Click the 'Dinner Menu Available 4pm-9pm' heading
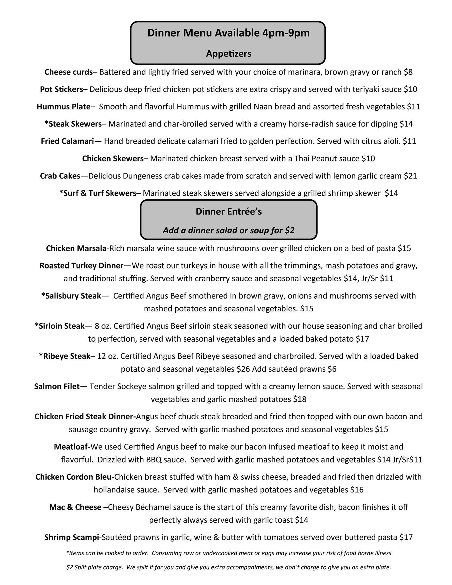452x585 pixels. point(228,33)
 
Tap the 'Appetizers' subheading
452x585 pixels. point(229,54)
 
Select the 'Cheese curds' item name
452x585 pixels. point(69,72)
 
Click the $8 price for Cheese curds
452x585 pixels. point(408,72)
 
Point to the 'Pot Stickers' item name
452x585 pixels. point(61,89)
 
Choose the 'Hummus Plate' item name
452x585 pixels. point(63,107)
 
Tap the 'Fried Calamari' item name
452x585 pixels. point(67,141)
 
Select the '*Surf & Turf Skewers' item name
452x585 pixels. point(98,193)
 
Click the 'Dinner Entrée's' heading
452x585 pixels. point(229,212)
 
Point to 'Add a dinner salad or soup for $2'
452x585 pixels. point(229,230)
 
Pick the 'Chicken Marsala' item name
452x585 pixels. point(76,249)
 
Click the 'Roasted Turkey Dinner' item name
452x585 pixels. point(81,266)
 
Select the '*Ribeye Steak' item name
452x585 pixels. point(65,356)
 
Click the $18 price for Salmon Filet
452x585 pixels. point(300,399)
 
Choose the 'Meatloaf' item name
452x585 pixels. point(72,447)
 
